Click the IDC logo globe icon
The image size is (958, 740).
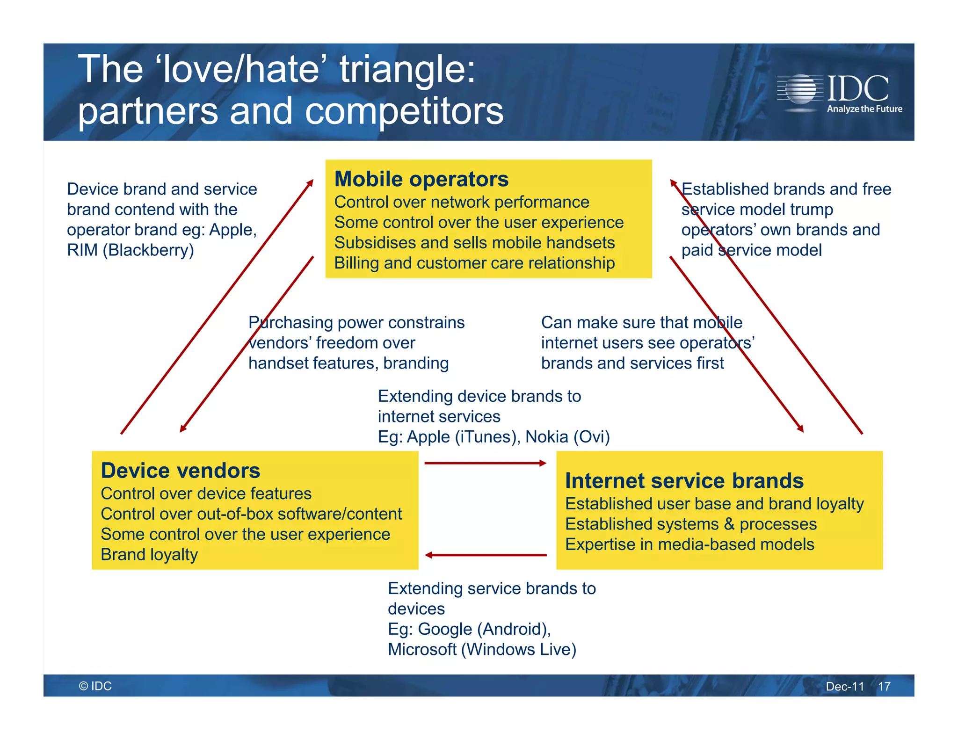tap(801, 89)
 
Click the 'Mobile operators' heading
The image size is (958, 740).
tap(421, 179)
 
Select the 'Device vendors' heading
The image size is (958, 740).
tap(180, 471)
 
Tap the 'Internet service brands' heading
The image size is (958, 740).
tap(684, 481)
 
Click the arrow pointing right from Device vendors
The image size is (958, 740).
tap(485, 463)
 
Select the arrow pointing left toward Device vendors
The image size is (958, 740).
tap(485, 555)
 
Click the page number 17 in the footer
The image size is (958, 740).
tap(884, 686)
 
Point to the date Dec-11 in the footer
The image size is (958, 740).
tap(844, 686)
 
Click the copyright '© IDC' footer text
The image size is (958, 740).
tap(95, 686)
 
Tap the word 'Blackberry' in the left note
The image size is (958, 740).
tap(148, 250)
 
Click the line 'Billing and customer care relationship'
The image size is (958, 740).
tap(474, 263)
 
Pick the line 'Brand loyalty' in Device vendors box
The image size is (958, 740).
tap(149, 554)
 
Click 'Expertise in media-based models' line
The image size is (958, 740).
tap(689, 544)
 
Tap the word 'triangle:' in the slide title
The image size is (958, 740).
tap(407, 69)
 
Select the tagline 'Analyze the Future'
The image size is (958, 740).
tap(864, 109)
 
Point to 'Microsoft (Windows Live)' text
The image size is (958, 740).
tap(482, 649)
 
